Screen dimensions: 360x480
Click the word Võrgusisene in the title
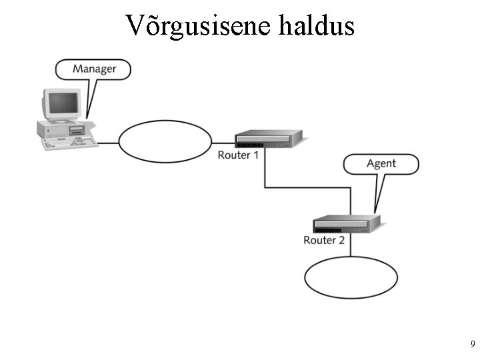pyautogui.click(x=197, y=25)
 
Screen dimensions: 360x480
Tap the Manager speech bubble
pyautogui.click(x=93, y=69)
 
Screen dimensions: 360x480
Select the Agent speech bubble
pyautogui.click(x=381, y=163)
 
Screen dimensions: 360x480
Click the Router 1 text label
pyautogui.click(x=238, y=155)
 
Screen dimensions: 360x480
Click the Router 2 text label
pyautogui.click(x=324, y=240)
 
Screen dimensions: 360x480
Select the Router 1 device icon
pyautogui.click(x=268, y=139)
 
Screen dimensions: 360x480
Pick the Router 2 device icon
pyautogui.click(x=346, y=223)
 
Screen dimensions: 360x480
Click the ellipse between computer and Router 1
pyautogui.click(x=165, y=141)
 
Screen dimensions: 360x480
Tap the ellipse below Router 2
pyautogui.click(x=351, y=277)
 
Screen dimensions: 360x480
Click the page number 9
pyautogui.click(x=472, y=345)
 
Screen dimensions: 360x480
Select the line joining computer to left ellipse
pyautogui.click(x=108, y=142)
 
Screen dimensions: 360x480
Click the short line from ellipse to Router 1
pyautogui.click(x=223, y=142)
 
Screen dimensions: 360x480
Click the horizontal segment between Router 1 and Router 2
pyautogui.click(x=307, y=187)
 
